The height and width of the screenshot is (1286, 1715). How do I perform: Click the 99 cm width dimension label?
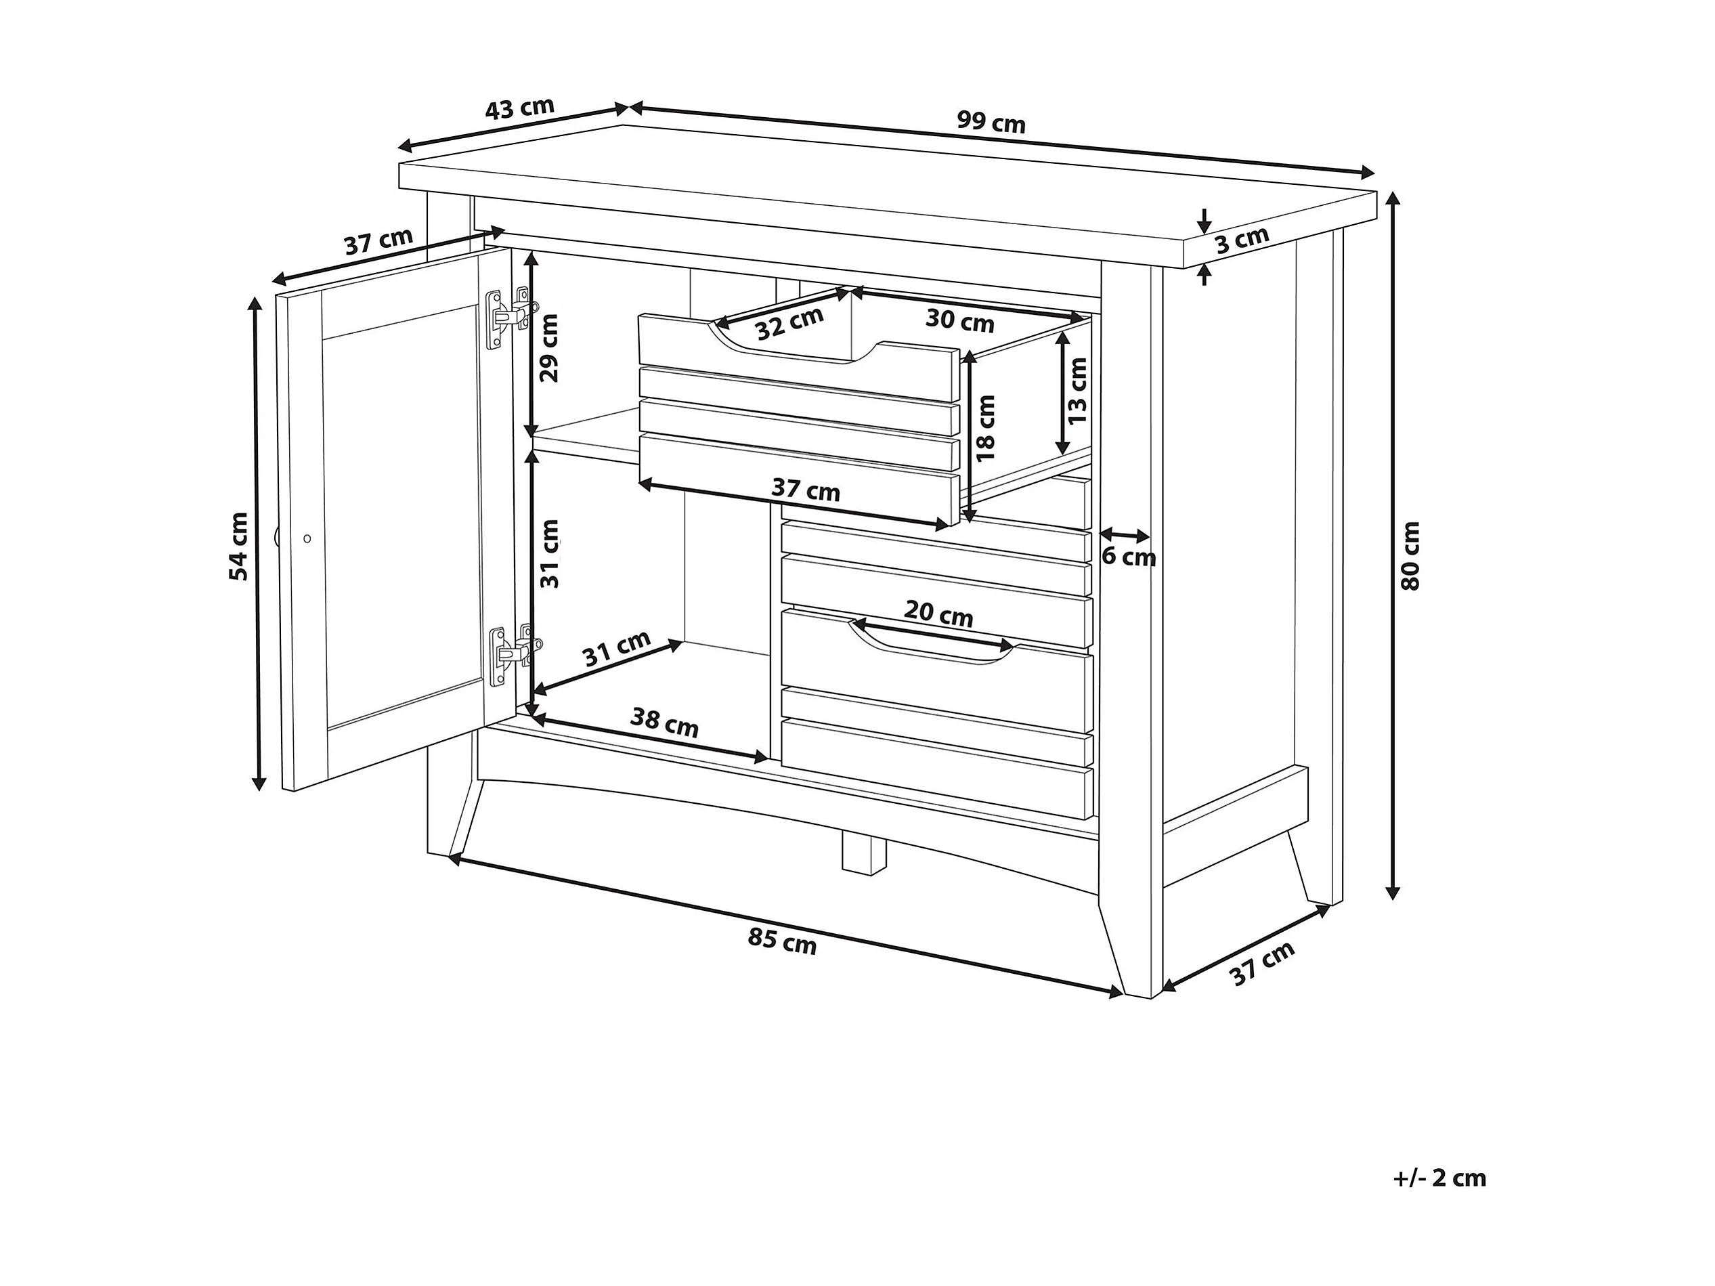tap(991, 122)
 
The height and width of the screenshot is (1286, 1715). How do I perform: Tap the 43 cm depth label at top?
tap(519, 108)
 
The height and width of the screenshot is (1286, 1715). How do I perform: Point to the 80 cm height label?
tap(1410, 556)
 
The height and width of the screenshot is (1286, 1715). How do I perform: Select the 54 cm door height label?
tap(239, 546)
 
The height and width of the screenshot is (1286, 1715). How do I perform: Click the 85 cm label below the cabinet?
tap(782, 941)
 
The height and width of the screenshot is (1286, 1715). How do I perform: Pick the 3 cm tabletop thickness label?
tap(1242, 240)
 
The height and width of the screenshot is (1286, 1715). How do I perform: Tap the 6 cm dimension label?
tap(1129, 557)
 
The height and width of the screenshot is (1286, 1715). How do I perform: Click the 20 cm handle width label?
tap(938, 614)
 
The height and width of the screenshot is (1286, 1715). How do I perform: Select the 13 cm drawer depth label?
tap(1077, 391)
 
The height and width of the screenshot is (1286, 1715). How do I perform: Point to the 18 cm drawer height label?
tap(984, 428)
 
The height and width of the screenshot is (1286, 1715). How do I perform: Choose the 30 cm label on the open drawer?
tap(960, 320)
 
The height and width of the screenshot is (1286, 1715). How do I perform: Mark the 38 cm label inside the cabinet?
tap(664, 722)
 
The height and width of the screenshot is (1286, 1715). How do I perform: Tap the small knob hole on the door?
tap(307, 538)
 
